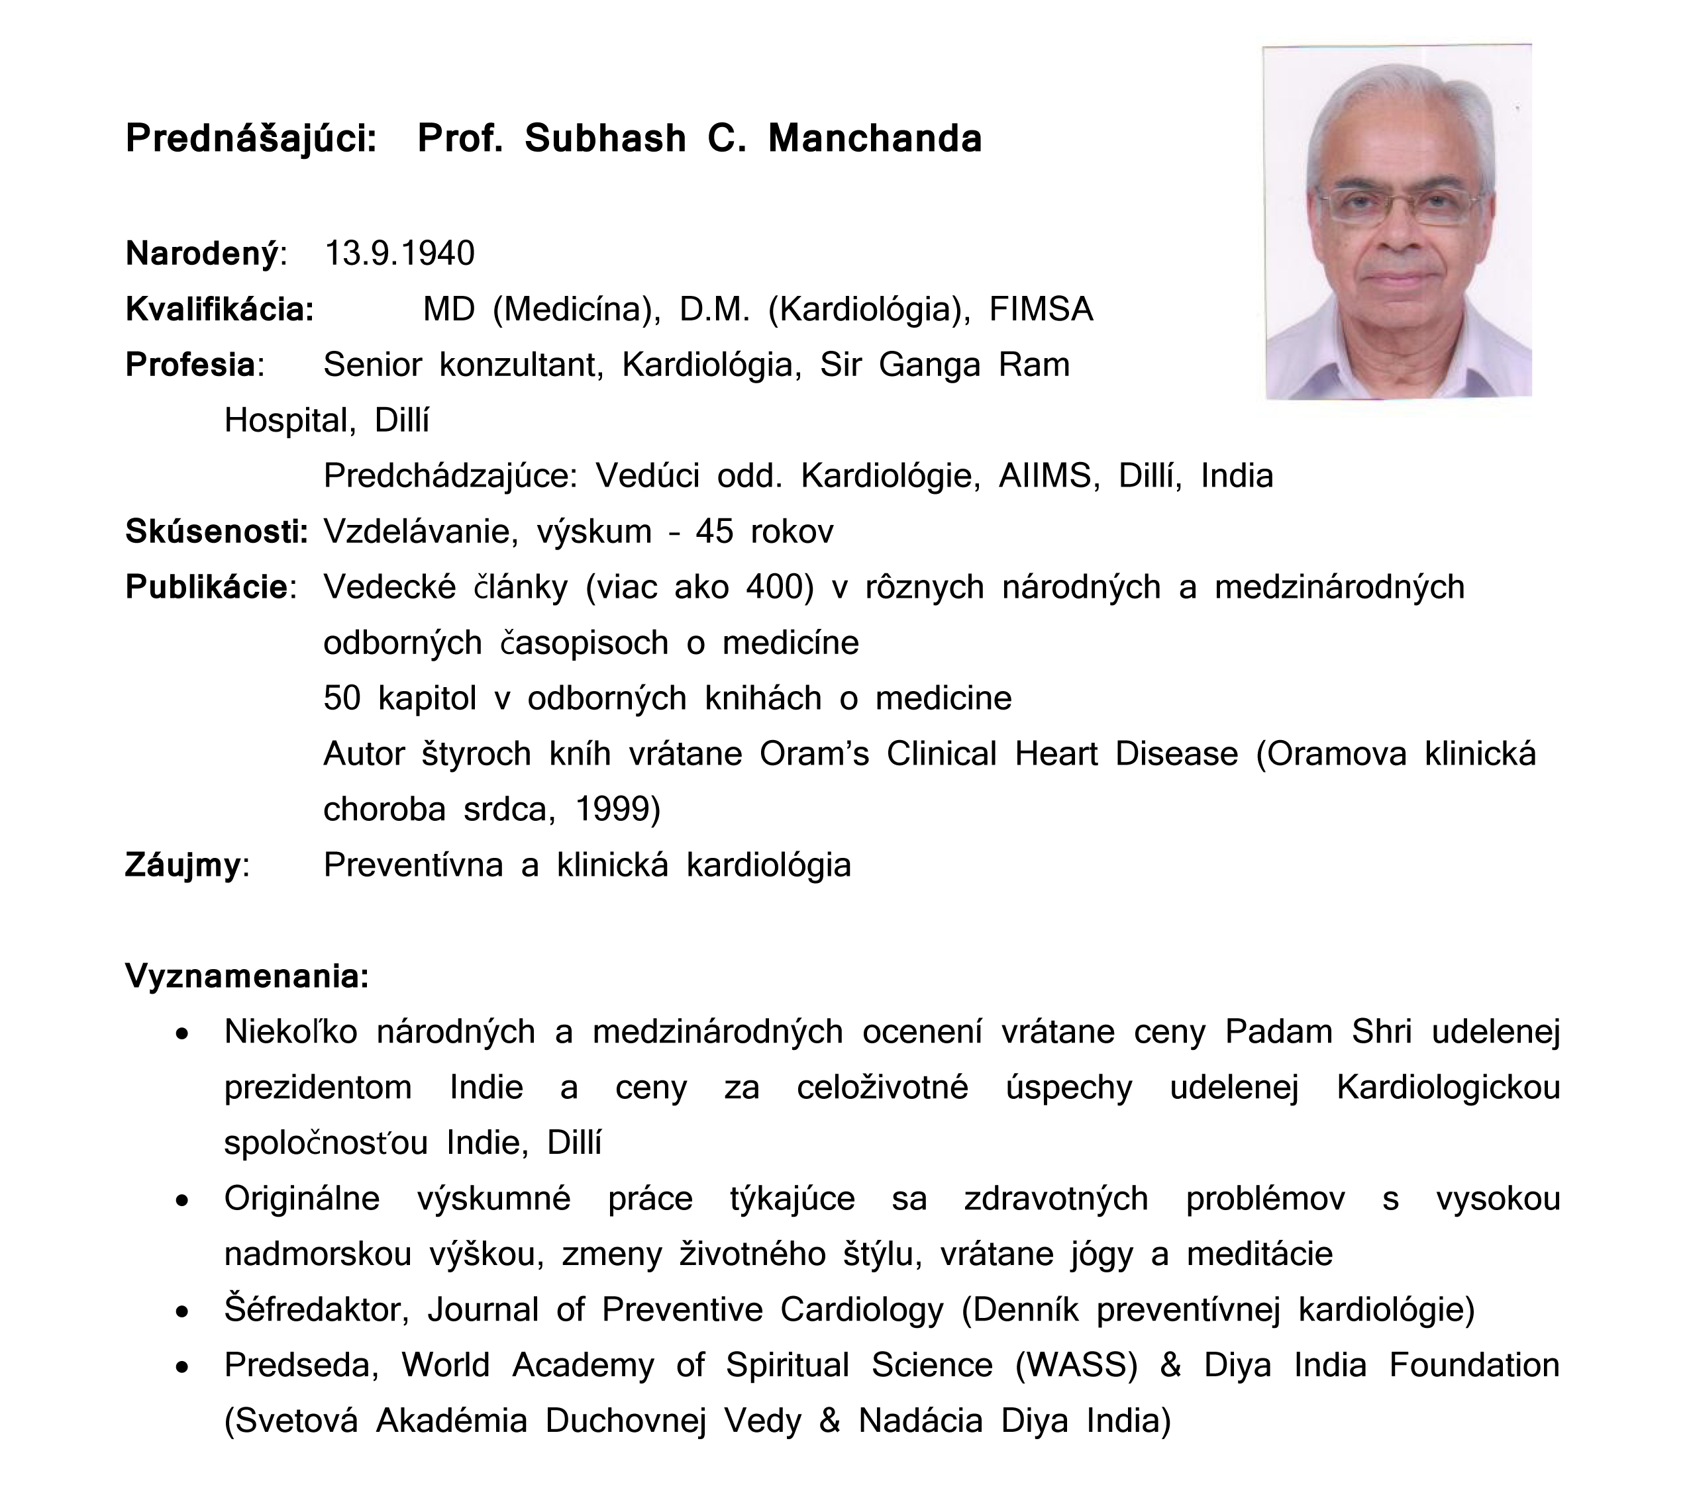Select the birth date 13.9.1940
(x=399, y=254)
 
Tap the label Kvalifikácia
(x=219, y=309)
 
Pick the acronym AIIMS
(x=1049, y=476)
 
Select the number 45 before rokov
(x=714, y=532)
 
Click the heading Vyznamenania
(x=246, y=976)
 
